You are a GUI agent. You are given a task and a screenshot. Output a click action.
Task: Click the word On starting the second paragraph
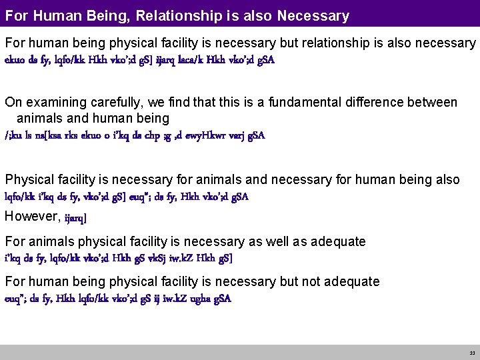tap(13, 102)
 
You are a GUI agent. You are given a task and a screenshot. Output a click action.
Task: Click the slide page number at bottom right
tap(472, 353)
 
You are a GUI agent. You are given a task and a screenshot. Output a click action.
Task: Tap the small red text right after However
tap(75, 217)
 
